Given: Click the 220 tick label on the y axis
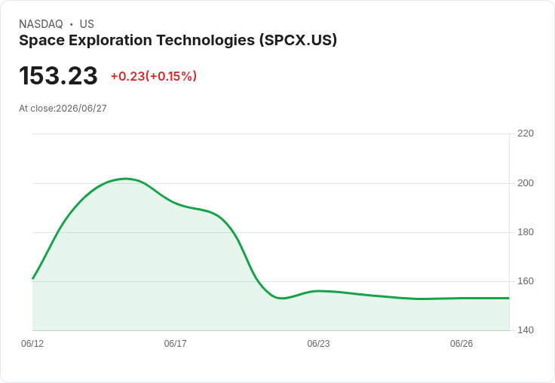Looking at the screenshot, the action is (526, 133).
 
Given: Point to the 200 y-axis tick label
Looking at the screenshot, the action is (526, 183).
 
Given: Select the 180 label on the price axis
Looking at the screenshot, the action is (526, 232).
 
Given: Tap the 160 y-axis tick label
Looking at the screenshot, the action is (526, 281).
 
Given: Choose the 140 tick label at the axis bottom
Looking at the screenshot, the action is (526, 330).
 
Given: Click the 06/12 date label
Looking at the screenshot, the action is (32, 344).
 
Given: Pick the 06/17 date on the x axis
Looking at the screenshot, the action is (175, 344).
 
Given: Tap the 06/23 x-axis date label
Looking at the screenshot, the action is (318, 344).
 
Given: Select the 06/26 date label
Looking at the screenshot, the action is (461, 344).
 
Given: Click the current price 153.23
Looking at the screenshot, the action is (58, 75).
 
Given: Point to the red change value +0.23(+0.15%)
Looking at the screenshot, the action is (154, 76).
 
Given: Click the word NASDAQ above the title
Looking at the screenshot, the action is (41, 24).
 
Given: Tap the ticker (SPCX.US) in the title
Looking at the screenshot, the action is (298, 41).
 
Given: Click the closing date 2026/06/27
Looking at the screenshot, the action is (81, 109).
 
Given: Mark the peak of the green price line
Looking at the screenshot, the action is (126, 179).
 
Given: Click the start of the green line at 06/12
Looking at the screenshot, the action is (32, 278).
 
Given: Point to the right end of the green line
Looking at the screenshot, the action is (509, 298).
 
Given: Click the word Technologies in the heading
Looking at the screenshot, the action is (206, 41).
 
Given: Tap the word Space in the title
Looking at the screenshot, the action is (41, 41).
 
